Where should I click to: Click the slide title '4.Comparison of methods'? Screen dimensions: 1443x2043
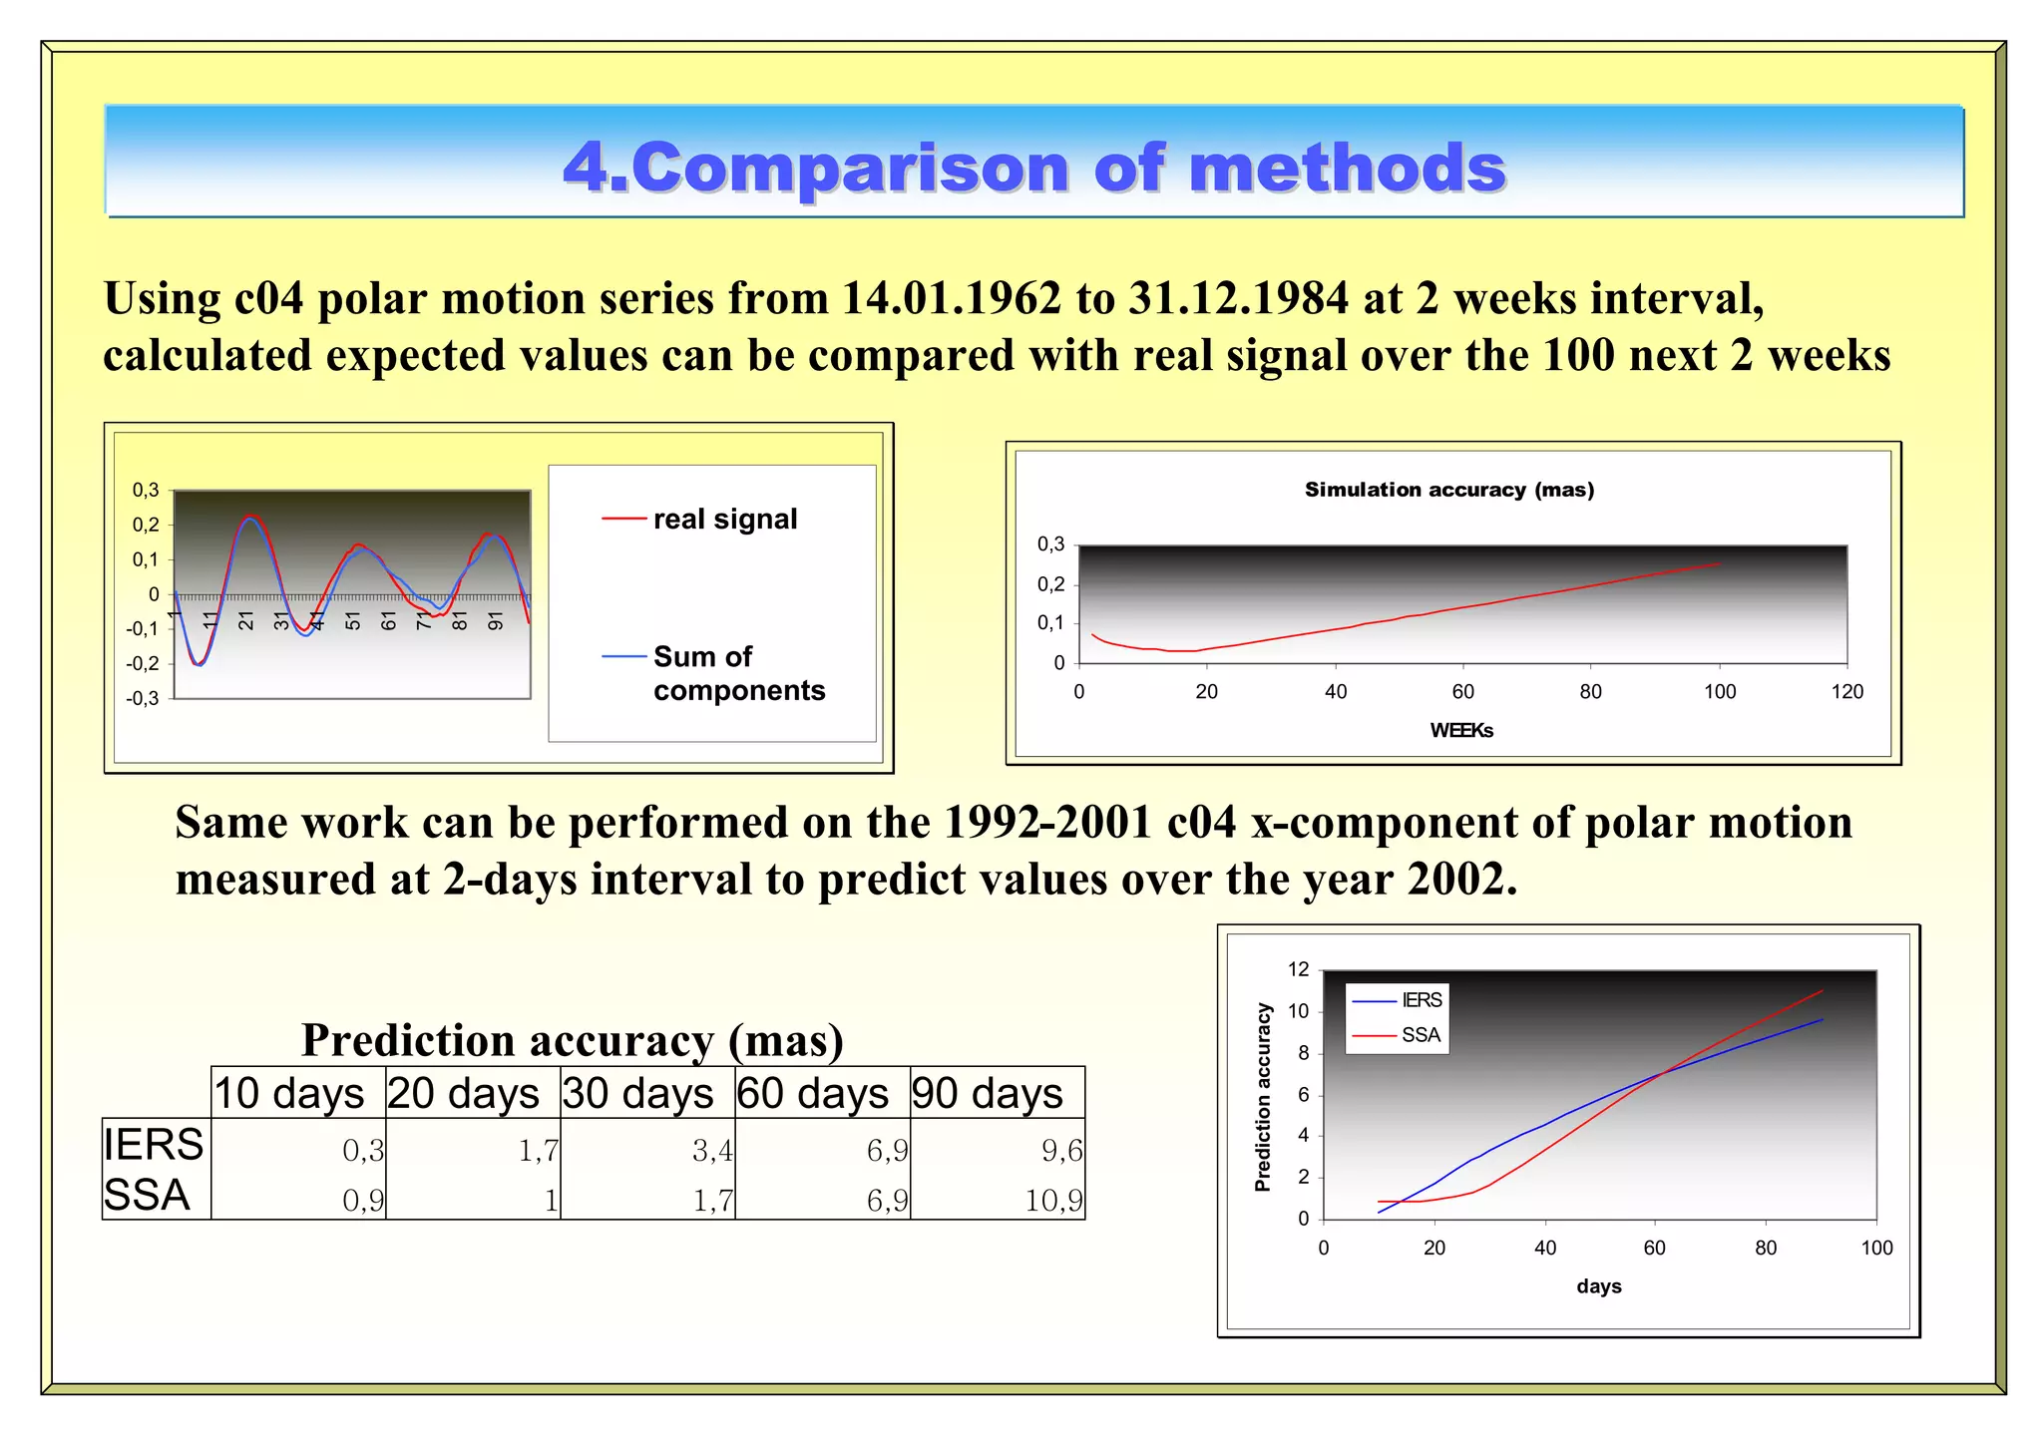[1034, 167]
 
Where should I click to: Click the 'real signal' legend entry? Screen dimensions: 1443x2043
[724, 520]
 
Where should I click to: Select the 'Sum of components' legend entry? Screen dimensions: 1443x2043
[738, 673]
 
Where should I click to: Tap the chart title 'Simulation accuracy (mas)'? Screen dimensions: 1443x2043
[1448, 490]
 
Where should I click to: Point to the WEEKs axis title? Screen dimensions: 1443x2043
[1460, 730]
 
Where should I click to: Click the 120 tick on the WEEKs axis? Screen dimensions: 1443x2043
[1846, 692]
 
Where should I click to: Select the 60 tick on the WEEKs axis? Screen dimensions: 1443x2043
[1462, 692]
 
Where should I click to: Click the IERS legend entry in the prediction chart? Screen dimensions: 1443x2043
[1421, 1000]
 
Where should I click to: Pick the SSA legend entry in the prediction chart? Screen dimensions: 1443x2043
[1420, 1035]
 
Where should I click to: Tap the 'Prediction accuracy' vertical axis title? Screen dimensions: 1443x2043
[1263, 1097]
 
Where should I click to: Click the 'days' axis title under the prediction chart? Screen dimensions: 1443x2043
[1598, 1286]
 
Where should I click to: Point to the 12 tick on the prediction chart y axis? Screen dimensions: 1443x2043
[1298, 969]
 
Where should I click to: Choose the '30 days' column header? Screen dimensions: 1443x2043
[637, 1093]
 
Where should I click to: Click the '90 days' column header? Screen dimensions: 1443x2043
[987, 1093]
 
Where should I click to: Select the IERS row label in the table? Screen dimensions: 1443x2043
[154, 1144]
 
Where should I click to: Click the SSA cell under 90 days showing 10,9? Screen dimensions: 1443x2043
[1053, 1200]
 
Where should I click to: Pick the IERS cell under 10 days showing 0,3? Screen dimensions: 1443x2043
[363, 1151]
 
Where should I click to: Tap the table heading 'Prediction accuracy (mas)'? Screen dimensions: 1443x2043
[573, 1040]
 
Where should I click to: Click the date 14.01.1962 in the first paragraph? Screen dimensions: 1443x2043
[951, 298]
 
